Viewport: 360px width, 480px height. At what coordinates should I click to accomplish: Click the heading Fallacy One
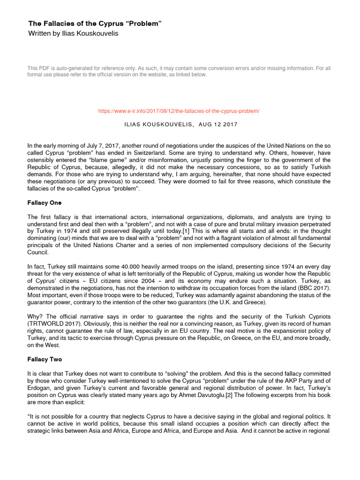pyautogui.click(x=45, y=203)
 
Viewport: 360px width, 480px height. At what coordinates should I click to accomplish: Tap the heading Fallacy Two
pyautogui.click(x=45, y=360)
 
